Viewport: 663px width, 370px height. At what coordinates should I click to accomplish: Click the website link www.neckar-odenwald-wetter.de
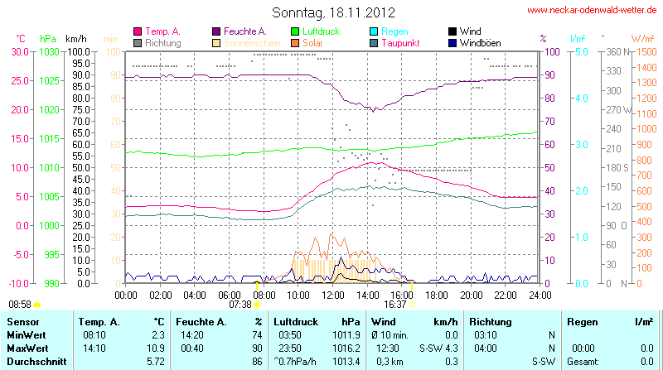[593, 11]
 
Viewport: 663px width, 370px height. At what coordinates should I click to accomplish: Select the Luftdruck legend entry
[324, 31]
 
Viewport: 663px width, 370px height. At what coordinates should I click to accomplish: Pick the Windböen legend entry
[480, 42]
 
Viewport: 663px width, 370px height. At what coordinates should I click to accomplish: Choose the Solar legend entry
[312, 42]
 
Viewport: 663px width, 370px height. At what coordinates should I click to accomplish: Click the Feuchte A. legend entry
[244, 31]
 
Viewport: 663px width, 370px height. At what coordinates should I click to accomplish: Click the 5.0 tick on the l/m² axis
[581, 51]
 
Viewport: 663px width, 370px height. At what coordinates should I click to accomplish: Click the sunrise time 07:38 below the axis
[240, 305]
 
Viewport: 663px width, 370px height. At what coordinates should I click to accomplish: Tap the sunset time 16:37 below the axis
[395, 305]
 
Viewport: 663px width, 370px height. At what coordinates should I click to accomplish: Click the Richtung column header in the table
[491, 321]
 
